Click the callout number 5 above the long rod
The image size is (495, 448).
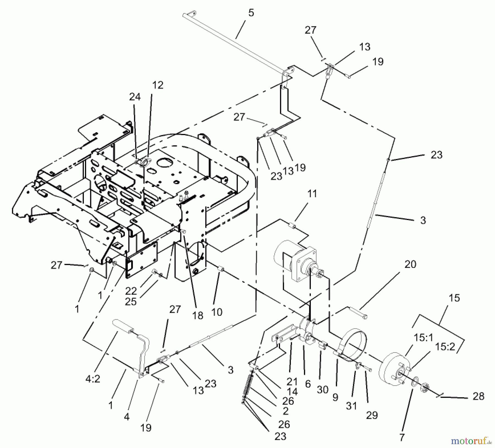coord(251,13)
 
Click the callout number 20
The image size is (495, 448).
coord(410,264)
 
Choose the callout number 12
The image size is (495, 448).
coord(158,85)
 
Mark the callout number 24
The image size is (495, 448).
coord(135,97)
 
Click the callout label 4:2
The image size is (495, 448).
coord(93,379)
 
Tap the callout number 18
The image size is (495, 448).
coord(198,315)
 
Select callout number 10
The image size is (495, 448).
coord(217,312)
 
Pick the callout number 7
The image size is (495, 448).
coord(402,437)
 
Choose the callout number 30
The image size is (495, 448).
coord(323,390)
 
